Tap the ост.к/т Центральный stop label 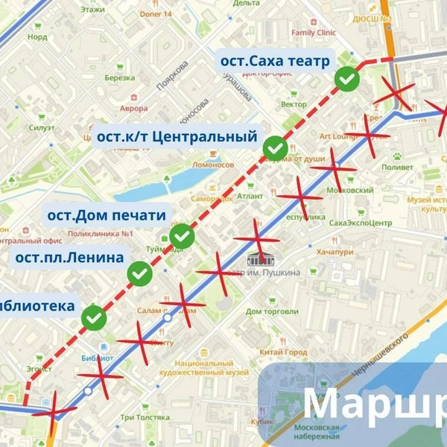tap(177, 137)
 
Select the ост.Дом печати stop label tap(107, 216)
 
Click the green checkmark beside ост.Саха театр tap(346, 78)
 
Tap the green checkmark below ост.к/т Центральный tap(276, 148)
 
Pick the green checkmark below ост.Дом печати tap(182, 237)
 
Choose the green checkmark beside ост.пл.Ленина tap(140, 273)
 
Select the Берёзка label tap(119, 77)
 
